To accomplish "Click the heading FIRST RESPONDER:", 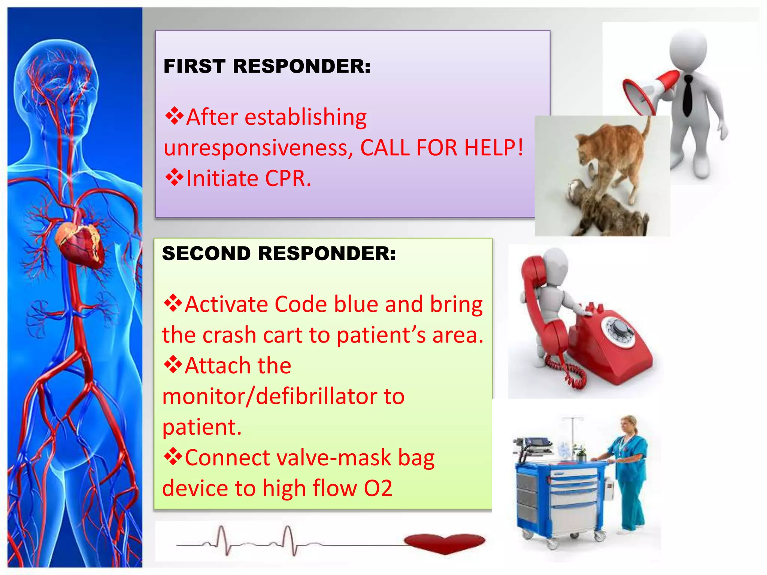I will click(267, 66).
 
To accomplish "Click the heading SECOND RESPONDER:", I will click(279, 253).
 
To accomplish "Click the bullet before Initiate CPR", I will click(174, 178).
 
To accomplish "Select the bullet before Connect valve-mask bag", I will click(173, 457).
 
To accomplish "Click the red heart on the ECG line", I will click(445, 542).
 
